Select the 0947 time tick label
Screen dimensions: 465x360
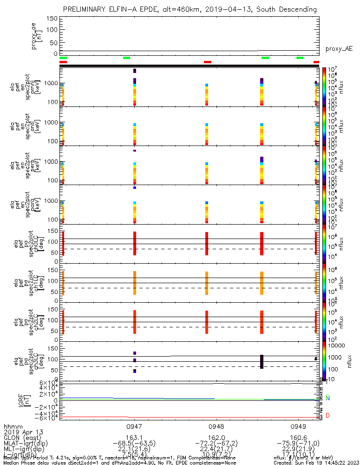point(134,425)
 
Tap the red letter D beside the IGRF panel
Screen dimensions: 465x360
point(328,415)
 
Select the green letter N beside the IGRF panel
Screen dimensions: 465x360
point(328,399)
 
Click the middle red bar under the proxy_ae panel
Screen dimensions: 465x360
point(208,62)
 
